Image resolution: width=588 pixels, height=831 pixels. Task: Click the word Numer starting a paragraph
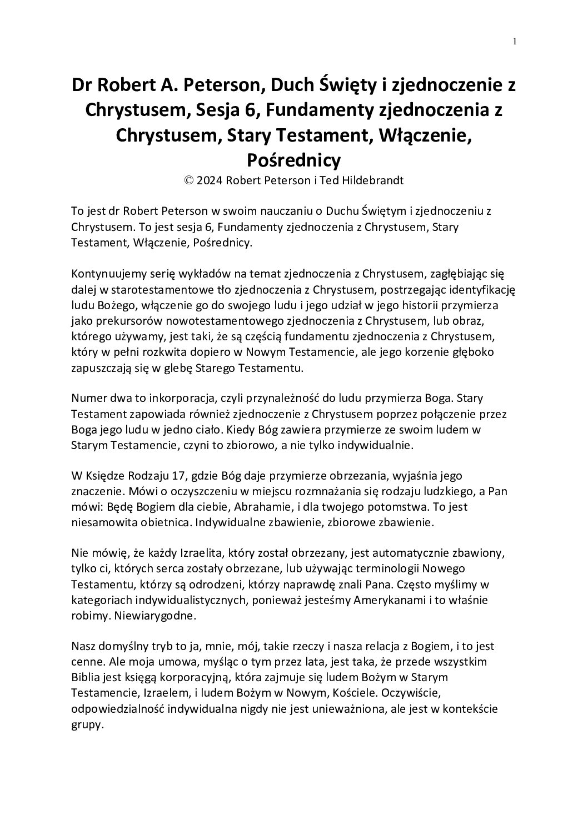(88, 399)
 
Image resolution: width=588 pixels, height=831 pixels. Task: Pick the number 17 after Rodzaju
(169, 476)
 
